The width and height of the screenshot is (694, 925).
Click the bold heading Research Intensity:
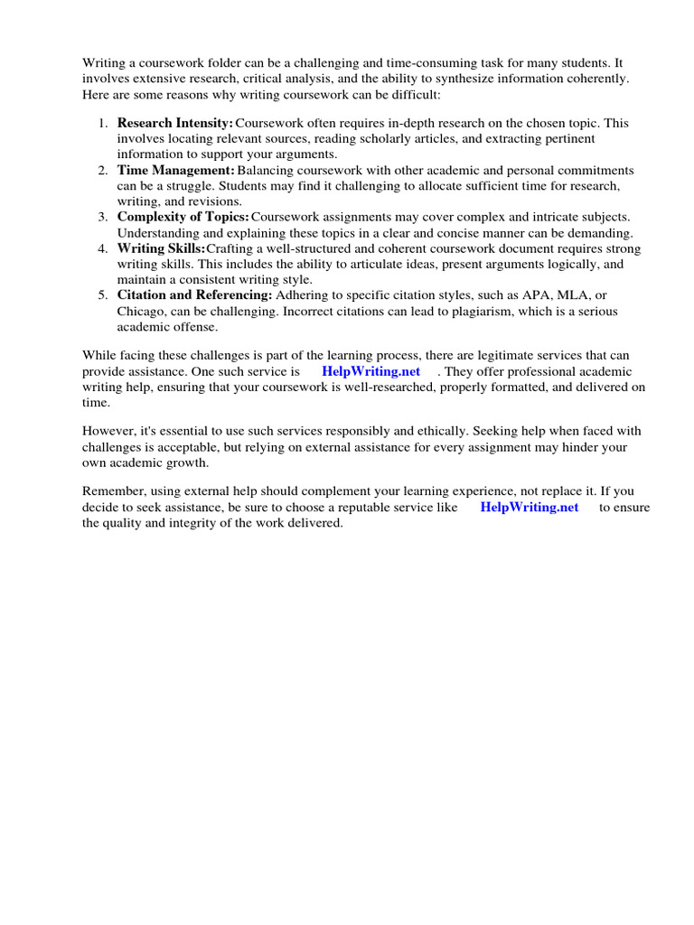pos(175,123)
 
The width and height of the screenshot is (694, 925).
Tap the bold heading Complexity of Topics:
pos(183,217)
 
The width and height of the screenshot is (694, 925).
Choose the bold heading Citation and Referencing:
pos(194,294)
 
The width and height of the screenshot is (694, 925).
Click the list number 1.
pos(104,123)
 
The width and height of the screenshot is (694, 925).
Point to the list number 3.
pos(104,217)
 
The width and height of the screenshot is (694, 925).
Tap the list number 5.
pos(104,294)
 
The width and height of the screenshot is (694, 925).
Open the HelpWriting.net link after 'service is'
pos(370,372)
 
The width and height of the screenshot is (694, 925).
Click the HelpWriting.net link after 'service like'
pos(530,508)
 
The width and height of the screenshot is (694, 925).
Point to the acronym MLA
pos(576,294)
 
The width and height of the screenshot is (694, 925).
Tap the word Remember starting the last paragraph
pos(113,491)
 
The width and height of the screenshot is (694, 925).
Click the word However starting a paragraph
pos(108,431)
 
